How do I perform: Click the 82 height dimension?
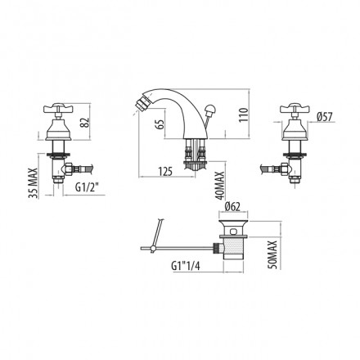(x=85, y=124)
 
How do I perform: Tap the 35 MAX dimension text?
(x=34, y=182)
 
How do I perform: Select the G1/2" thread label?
(x=87, y=187)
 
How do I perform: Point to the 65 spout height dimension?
(x=160, y=124)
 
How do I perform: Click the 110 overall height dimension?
(x=244, y=115)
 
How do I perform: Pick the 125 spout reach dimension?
(x=165, y=172)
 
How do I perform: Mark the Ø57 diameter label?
(x=325, y=117)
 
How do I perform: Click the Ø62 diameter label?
(x=232, y=207)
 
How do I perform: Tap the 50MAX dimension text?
(x=272, y=254)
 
